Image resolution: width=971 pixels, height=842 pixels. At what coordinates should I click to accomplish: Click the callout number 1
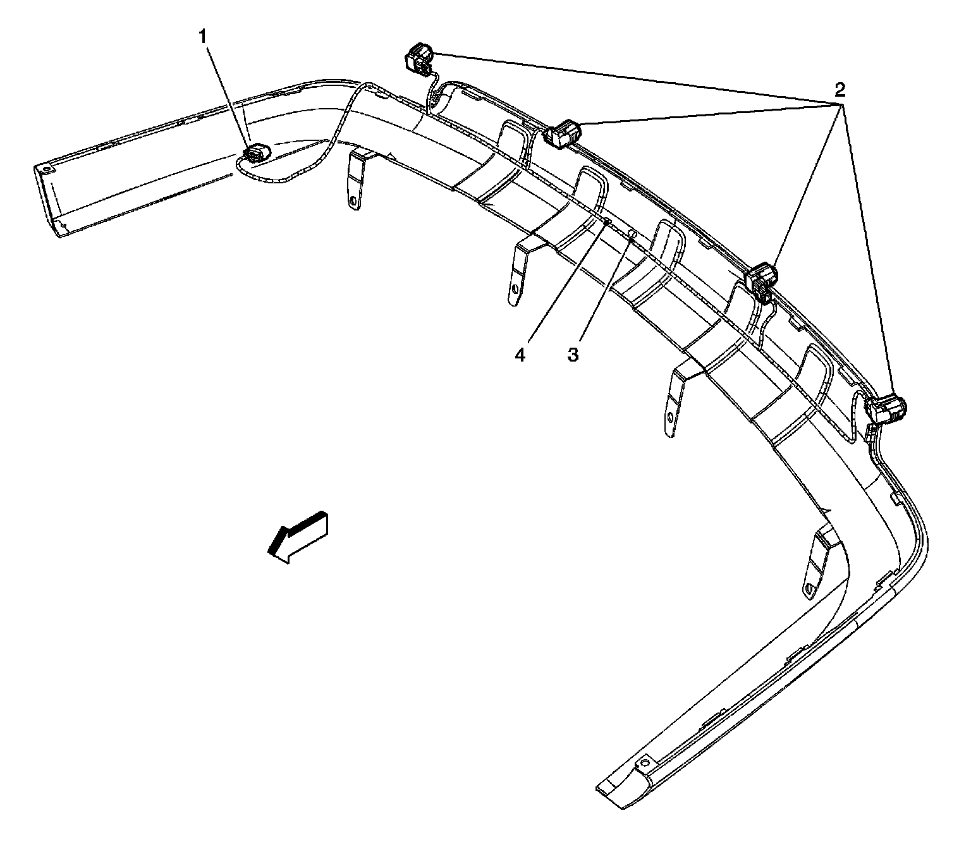(x=203, y=37)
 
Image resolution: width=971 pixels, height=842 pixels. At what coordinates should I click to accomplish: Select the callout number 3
(x=573, y=355)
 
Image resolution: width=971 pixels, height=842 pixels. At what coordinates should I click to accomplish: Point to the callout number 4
(x=520, y=355)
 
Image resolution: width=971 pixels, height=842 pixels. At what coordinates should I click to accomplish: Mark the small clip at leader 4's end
(x=606, y=221)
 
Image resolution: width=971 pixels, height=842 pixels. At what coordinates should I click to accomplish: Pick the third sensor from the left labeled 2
(x=762, y=278)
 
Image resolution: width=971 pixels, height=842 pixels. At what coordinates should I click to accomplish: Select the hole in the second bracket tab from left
(x=515, y=290)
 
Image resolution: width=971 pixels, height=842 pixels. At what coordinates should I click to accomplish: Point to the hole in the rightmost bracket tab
(x=810, y=589)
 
